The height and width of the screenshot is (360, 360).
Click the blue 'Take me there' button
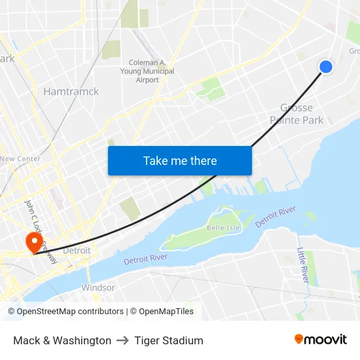click(179, 160)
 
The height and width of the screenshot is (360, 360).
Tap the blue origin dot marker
click(325, 66)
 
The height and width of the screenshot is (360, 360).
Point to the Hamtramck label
click(71, 91)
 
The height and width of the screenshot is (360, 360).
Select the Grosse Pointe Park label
click(297, 113)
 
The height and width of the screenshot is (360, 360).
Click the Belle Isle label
click(223, 228)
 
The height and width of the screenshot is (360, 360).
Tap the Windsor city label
click(98, 287)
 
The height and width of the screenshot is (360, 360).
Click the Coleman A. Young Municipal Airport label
click(147, 71)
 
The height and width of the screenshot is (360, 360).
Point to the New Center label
click(20, 158)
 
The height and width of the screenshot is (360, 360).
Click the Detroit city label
click(77, 251)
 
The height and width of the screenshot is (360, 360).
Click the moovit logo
click(320, 339)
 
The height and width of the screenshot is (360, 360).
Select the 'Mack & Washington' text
click(62, 340)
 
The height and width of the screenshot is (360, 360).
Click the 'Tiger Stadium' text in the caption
click(169, 340)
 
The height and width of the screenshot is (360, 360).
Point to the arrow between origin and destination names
click(122, 340)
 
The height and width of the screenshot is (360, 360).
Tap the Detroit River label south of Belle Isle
click(151, 257)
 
